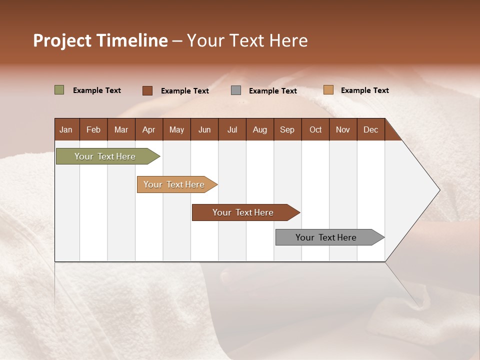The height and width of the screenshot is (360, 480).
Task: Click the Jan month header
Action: pos(66,129)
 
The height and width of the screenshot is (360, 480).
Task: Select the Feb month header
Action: pos(93,129)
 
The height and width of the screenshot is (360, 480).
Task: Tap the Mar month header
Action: pos(121,129)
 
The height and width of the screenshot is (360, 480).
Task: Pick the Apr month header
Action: pos(149,129)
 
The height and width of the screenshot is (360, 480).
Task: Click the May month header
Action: pos(176,129)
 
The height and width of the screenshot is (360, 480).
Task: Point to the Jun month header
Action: pos(204,129)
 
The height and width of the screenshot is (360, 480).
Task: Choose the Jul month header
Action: pos(232,129)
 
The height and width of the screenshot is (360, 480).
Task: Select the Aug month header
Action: pos(260,129)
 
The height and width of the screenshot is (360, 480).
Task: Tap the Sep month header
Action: pos(287,129)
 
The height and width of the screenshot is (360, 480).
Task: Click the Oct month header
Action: pos(315,129)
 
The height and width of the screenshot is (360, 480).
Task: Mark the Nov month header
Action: pos(343,129)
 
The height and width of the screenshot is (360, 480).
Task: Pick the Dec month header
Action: pos(371,129)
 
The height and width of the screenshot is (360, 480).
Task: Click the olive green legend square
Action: pos(59,90)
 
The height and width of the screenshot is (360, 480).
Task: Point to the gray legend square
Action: pos(236,90)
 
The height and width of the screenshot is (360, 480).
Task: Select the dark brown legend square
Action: pos(147,90)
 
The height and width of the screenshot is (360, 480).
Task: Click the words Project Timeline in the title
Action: pos(100,40)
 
